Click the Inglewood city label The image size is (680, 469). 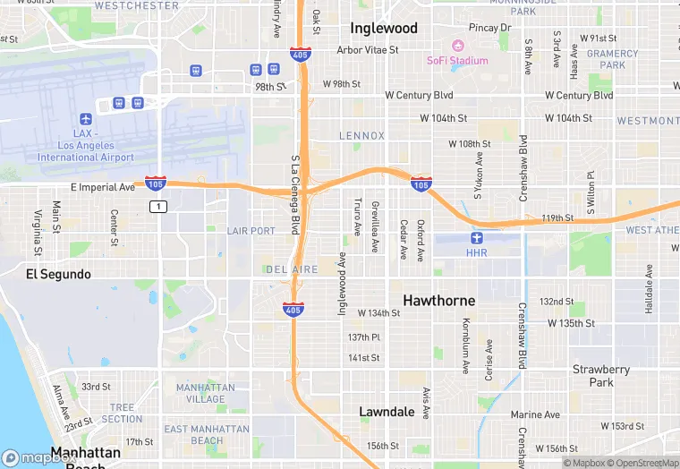(x=384, y=28)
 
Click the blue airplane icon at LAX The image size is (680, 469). (x=86, y=119)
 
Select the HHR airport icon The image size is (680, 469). (x=477, y=238)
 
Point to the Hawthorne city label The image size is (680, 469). (x=438, y=301)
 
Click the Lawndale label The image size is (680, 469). (x=387, y=412)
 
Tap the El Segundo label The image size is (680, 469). (x=58, y=274)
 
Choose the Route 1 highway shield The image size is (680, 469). (x=158, y=207)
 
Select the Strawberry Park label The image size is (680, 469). (x=601, y=375)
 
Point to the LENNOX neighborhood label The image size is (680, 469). (x=361, y=136)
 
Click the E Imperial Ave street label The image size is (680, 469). (x=102, y=187)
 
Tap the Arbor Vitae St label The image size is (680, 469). (x=368, y=50)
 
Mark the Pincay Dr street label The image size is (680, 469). (x=489, y=28)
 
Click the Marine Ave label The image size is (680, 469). (x=535, y=414)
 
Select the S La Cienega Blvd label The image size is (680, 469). (x=294, y=194)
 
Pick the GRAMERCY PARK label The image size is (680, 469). (x=613, y=59)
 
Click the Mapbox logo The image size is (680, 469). (x=39, y=457)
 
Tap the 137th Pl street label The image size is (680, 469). (x=364, y=337)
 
